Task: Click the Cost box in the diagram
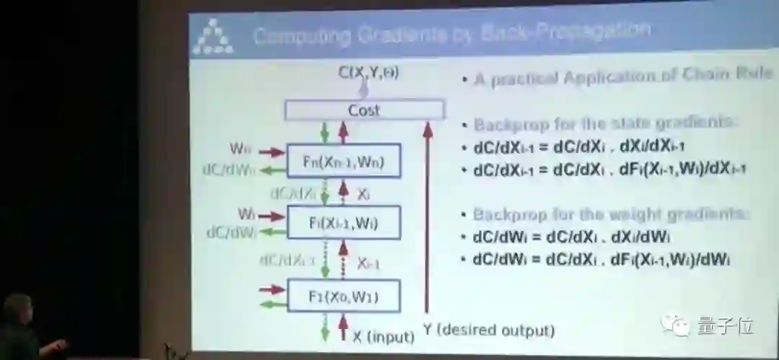pos(364,110)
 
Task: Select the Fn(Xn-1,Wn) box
pos(343,162)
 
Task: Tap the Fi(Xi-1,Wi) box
pos(343,223)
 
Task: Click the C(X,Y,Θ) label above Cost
pos(369,72)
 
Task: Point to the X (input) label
pos(383,336)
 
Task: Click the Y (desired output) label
pos(488,330)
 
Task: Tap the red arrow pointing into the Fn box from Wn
pos(271,152)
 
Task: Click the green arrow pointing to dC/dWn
pos(271,171)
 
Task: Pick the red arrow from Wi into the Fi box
pos(271,215)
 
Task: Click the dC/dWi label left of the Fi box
pos(232,232)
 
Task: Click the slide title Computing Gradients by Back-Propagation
pos(452,32)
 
